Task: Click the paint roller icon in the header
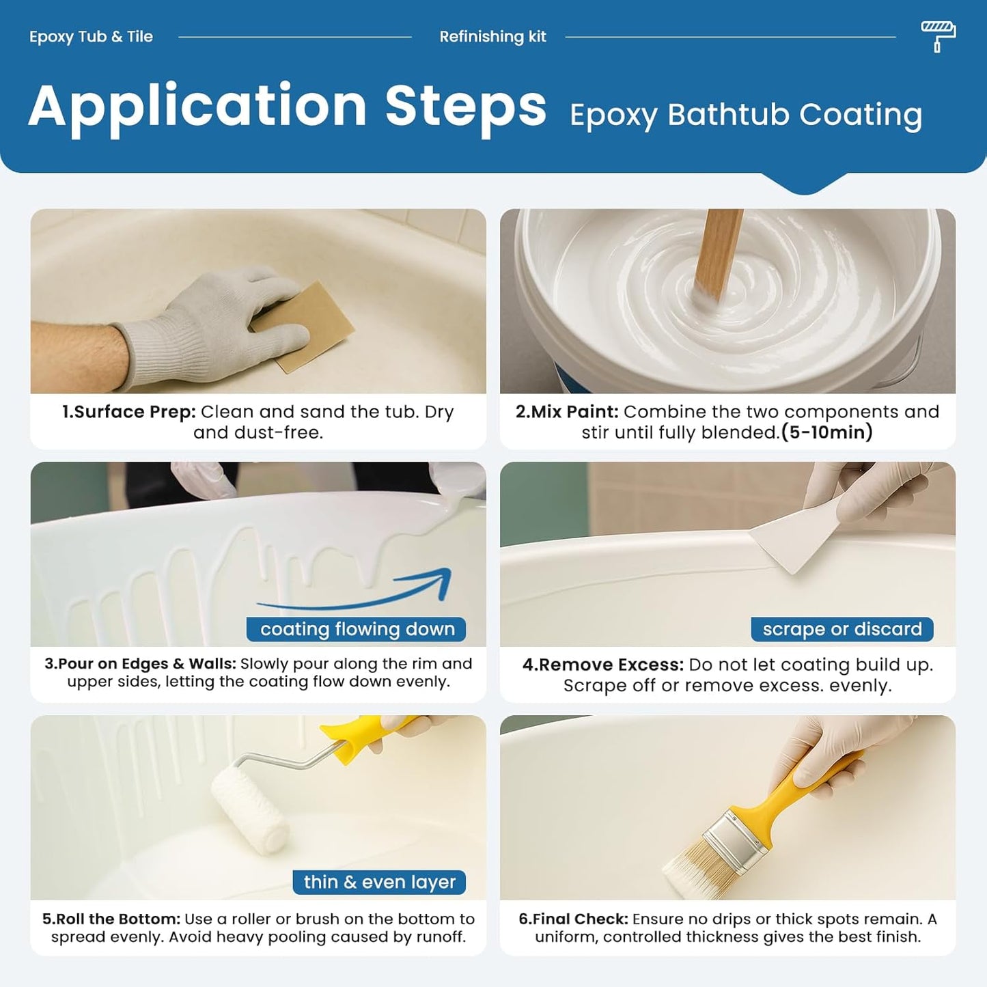click(x=939, y=36)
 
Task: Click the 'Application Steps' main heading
click(x=288, y=107)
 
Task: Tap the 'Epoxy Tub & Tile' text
click(x=91, y=37)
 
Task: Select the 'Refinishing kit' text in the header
click(x=492, y=37)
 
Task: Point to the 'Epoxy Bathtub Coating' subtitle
click(x=746, y=115)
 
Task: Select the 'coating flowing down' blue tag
click(x=357, y=629)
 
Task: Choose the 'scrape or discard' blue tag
click(x=842, y=629)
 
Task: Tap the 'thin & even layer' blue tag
click(x=379, y=882)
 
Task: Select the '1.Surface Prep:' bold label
click(x=129, y=412)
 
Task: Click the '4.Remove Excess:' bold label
click(x=602, y=665)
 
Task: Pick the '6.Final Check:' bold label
click(x=573, y=919)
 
